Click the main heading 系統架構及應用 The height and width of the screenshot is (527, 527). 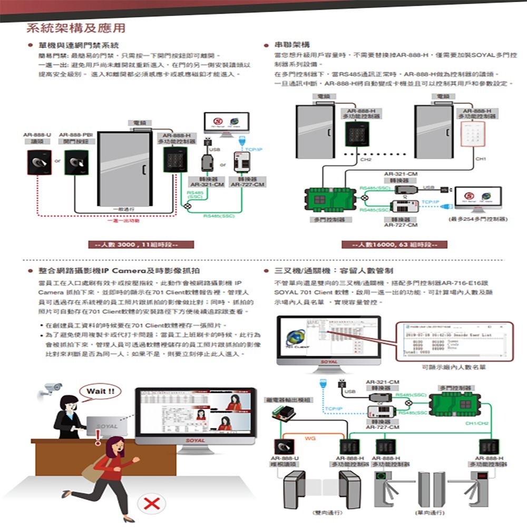point(76,27)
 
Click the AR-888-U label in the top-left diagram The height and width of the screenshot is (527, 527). point(37,135)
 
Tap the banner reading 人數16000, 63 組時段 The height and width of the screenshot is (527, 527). point(395,245)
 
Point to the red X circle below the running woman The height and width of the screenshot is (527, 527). point(151,504)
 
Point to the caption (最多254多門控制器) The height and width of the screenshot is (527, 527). point(476,219)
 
